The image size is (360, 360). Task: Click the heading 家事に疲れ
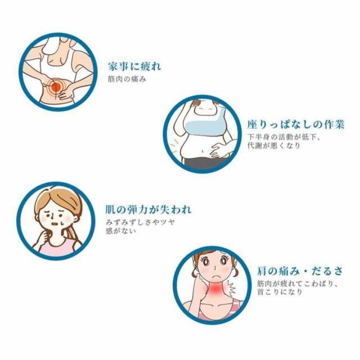(134, 66)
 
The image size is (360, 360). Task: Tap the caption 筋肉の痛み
(127, 79)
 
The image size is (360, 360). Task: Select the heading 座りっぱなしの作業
(295, 124)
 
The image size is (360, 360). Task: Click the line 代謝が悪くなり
(274, 146)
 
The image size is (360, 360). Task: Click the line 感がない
(121, 231)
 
